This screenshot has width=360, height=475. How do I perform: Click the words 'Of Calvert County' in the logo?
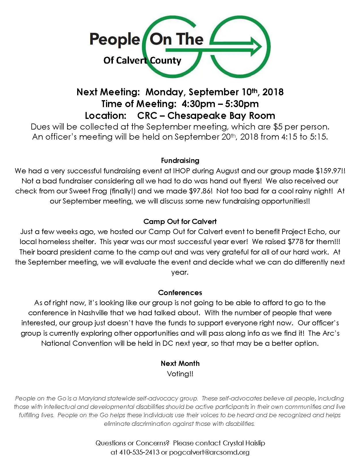(x=142, y=60)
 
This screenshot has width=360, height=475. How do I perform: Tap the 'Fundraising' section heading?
(x=180, y=160)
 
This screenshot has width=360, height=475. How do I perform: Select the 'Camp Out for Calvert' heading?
(x=180, y=221)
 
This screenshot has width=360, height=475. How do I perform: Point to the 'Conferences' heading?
(x=180, y=292)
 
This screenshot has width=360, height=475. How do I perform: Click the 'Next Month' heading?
(x=180, y=363)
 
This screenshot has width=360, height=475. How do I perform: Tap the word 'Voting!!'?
(x=180, y=374)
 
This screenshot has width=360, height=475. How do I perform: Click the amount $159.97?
(x=328, y=171)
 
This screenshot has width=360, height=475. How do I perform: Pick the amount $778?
(x=297, y=242)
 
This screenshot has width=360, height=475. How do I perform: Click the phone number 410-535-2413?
(x=139, y=452)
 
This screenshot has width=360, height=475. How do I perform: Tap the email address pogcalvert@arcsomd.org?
(x=209, y=452)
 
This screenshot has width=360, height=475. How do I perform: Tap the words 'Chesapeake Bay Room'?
(x=221, y=115)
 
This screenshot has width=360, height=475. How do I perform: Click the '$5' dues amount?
(x=278, y=127)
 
